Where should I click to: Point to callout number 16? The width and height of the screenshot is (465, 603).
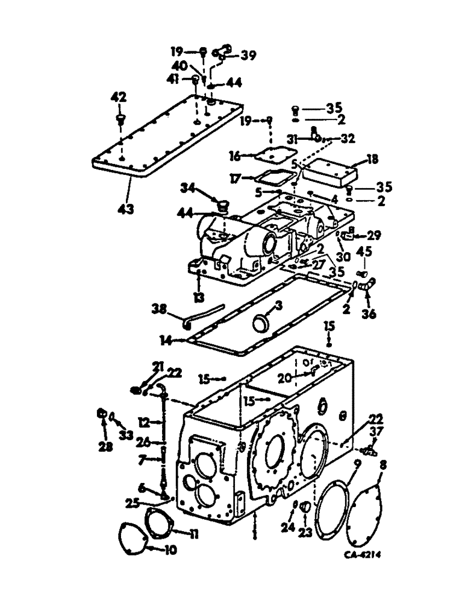pyautogui.click(x=237, y=156)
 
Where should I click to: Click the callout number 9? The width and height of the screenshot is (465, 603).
pyautogui.click(x=357, y=464)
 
